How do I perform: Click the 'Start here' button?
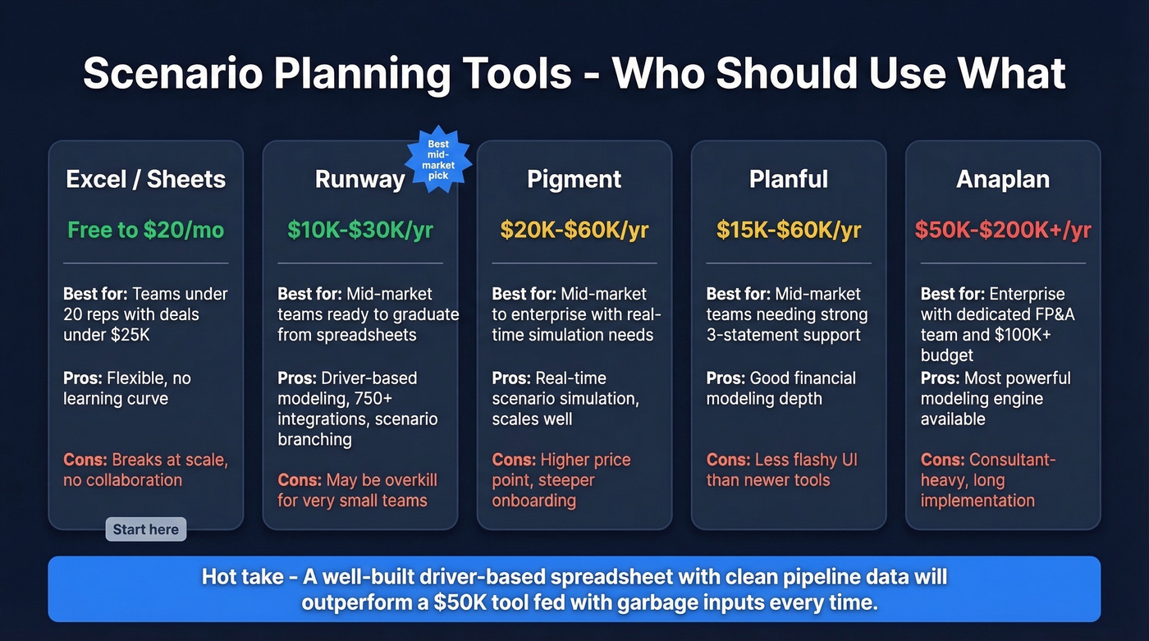pos(146,529)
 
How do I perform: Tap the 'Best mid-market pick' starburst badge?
pos(438,160)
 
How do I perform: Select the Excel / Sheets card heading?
pos(146,180)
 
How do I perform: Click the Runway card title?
pos(359,180)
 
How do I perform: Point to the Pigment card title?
pos(574,180)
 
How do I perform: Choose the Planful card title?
pos(789,180)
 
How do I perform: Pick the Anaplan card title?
pos(1003,180)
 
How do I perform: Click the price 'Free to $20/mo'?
pos(146,230)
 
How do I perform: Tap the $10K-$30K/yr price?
pos(360,230)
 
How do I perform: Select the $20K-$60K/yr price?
pos(574,230)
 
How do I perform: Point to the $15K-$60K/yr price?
pos(789,230)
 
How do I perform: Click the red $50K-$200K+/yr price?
pos(1003,230)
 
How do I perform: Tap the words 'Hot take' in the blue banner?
pos(238,577)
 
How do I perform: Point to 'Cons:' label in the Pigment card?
pos(514,460)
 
